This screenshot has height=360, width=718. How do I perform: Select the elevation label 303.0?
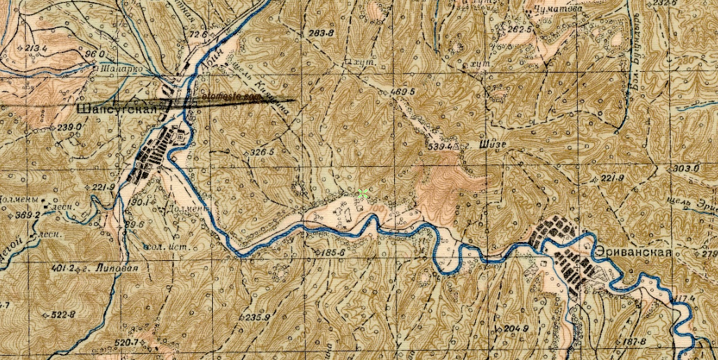(686, 169)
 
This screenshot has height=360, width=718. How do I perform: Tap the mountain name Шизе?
(492, 145)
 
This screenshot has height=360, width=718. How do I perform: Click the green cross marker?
(361, 194)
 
